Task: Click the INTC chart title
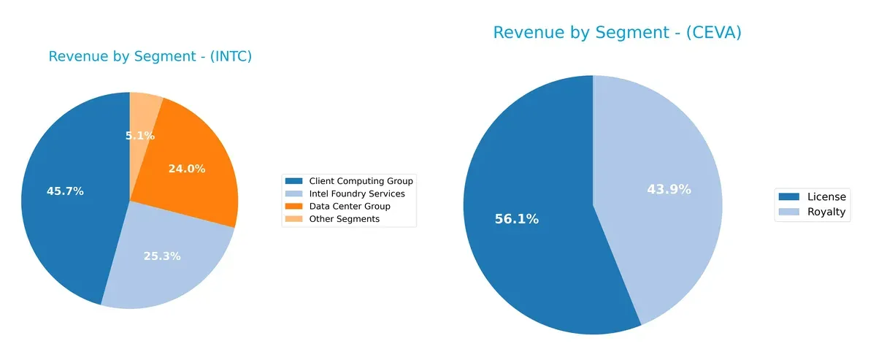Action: click(x=150, y=57)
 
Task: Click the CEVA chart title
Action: click(x=617, y=33)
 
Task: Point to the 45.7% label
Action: click(x=65, y=191)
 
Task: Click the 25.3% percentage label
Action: click(x=162, y=256)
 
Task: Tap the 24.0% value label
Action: click(x=187, y=169)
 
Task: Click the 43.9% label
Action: click(x=669, y=190)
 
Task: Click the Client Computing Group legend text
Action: click(x=361, y=180)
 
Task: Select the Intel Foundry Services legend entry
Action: click(x=356, y=194)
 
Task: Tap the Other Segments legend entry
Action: click(x=344, y=219)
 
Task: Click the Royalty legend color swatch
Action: click(x=789, y=212)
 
